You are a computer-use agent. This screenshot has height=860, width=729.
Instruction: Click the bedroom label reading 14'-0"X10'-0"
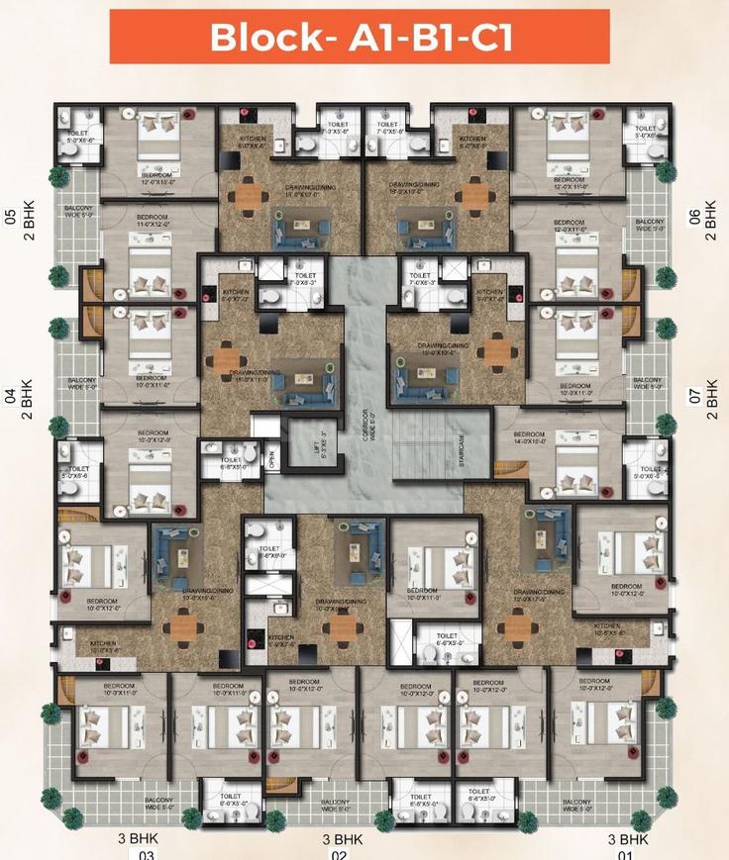529,438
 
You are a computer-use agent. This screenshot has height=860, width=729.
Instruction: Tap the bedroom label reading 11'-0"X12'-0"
153,227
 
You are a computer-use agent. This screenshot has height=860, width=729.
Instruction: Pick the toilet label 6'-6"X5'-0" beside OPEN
230,461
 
